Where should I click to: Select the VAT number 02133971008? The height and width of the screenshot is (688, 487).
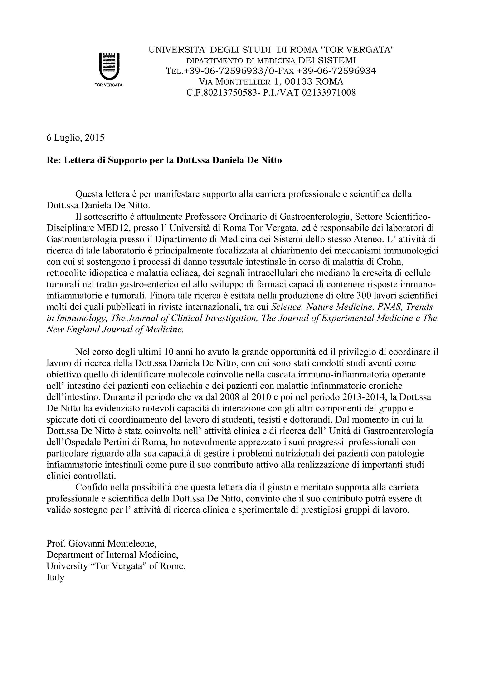[329, 93]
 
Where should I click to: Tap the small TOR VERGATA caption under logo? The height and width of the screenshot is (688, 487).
[108, 85]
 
